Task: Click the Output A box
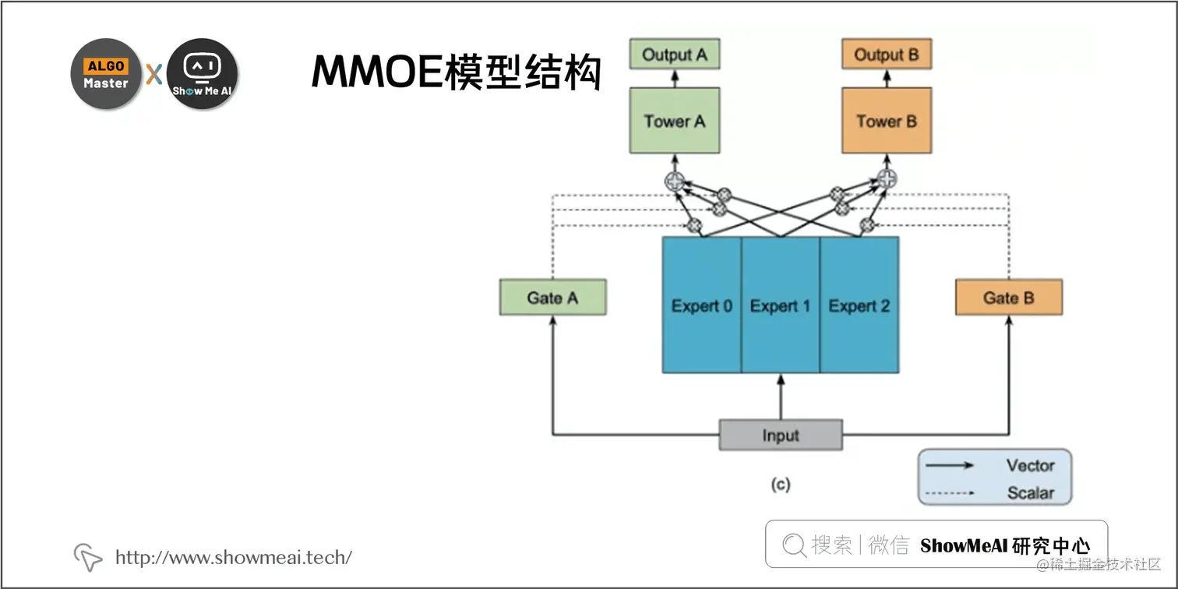pyautogui.click(x=675, y=55)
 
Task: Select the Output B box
pyautogui.click(x=887, y=55)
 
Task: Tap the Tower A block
pyautogui.click(x=675, y=121)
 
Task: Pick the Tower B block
pyautogui.click(x=887, y=121)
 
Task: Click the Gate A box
pyautogui.click(x=552, y=298)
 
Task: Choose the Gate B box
pyautogui.click(x=1008, y=298)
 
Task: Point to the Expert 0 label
pyautogui.click(x=702, y=306)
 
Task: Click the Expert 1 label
pyautogui.click(x=780, y=306)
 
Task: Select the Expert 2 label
pyautogui.click(x=859, y=306)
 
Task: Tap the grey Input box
pyautogui.click(x=781, y=436)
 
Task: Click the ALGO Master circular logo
pyautogui.click(x=106, y=74)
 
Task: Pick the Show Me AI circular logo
pyautogui.click(x=203, y=74)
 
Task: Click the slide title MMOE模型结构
pyautogui.click(x=457, y=72)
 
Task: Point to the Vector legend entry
pyautogui.click(x=1029, y=465)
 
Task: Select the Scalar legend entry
pyautogui.click(x=1029, y=492)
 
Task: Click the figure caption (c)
pyautogui.click(x=781, y=485)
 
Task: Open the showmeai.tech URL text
pyautogui.click(x=234, y=557)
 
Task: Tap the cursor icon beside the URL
pyautogui.click(x=88, y=557)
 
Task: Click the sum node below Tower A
pyautogui.click(x=675, y=181)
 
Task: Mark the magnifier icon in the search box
pyautogui.click(x=794, y=545)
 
